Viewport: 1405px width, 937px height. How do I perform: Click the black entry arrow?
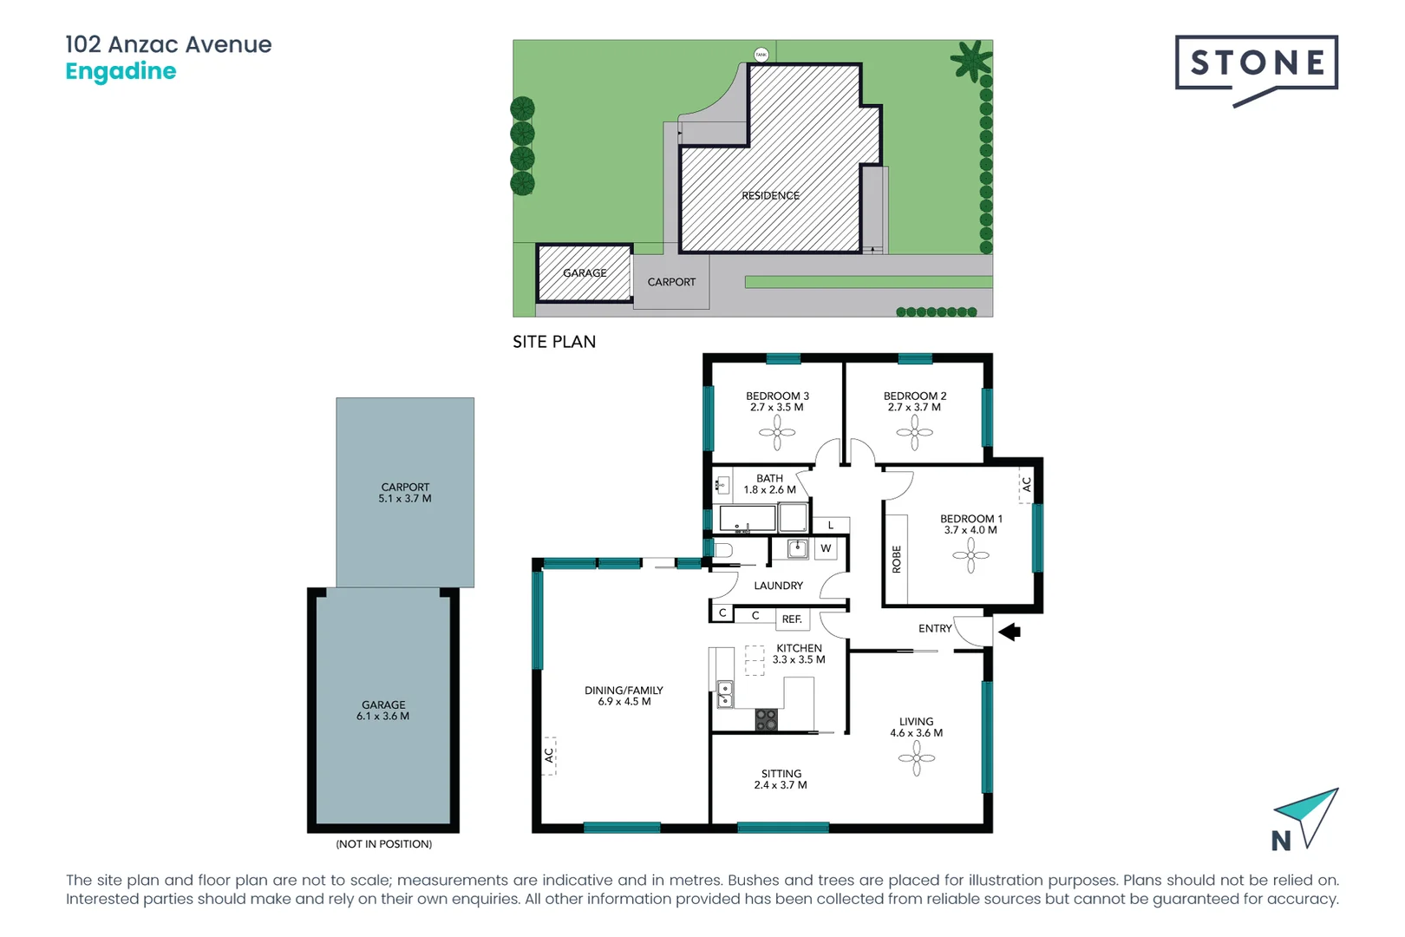1010,632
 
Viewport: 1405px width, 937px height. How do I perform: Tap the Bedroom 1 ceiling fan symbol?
970,555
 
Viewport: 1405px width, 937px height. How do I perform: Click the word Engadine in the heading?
121,71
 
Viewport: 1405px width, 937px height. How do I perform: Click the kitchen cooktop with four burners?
766,720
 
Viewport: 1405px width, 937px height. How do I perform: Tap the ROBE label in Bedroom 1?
897,560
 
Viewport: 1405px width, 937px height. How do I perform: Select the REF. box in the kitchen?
792,619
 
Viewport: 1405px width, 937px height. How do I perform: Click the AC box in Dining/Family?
549,756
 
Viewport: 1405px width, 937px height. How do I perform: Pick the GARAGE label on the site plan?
585,273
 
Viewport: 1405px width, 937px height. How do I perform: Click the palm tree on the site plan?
970,61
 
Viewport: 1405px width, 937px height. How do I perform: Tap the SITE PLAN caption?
554,342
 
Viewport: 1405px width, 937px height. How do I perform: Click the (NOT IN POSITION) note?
383,844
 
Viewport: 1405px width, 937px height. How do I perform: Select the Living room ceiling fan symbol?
917,758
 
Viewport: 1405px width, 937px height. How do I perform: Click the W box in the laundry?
826,548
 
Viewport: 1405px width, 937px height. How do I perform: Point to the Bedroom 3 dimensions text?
777,408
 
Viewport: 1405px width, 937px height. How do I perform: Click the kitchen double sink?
724,695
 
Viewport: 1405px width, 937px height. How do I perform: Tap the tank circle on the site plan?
761,55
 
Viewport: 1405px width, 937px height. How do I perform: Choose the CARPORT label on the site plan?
671,283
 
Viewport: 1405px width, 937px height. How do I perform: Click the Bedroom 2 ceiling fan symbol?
915,432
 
